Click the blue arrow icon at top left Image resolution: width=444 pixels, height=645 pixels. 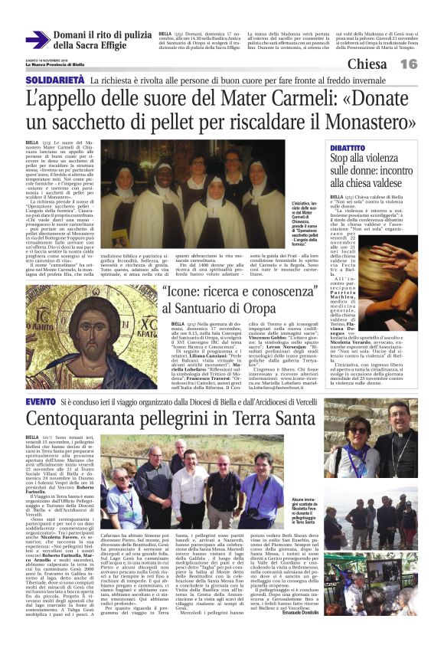(x=37, y=41)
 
